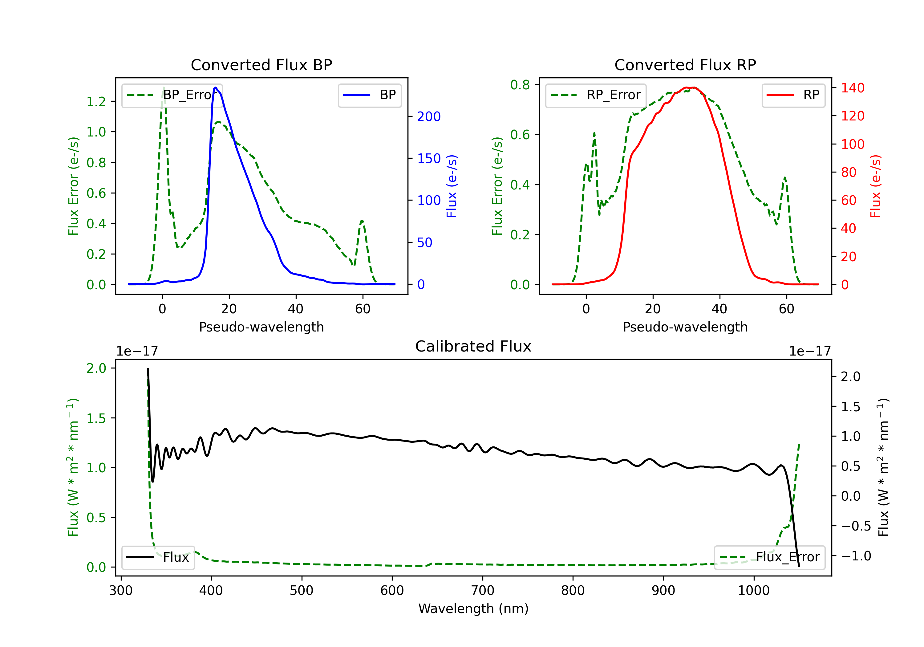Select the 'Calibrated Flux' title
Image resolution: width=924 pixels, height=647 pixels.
pos(473,346)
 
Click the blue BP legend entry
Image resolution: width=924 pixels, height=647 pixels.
pos(369,95)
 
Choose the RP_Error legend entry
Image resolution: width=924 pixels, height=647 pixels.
pos(596,95)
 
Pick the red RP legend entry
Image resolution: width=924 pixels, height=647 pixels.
pos(793,95)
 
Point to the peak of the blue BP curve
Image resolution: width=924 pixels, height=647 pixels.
pos(216,87)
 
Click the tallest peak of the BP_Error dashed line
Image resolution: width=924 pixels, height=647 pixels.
pos(163,87)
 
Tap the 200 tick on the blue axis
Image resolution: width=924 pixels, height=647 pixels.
pos(429,117)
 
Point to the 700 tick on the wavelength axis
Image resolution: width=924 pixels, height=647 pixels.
pos(483,591)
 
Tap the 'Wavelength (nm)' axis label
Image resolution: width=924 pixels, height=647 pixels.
pos(473,608)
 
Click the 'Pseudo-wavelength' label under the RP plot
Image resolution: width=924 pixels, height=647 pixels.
pos(685,327)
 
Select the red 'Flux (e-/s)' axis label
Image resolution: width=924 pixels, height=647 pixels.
pos(876,186)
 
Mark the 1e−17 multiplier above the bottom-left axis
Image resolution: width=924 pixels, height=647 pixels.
pos(137,351)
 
